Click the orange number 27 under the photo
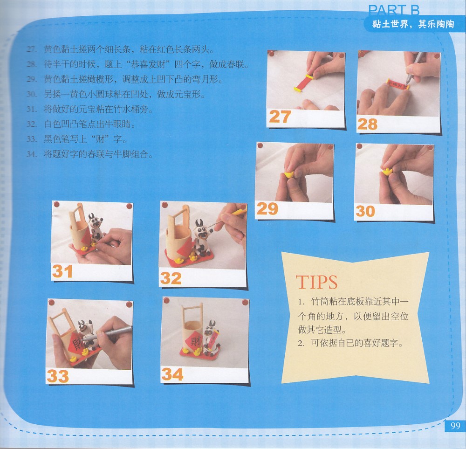point(280,117)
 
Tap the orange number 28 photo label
point(367,124)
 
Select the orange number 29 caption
point(267,209)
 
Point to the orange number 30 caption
point(365,211)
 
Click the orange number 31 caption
point(62,271)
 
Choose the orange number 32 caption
point(171,278)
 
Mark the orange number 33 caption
point(58,376)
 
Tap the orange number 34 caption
point(172,374)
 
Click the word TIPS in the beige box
point(316,282)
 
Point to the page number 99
point(455,426)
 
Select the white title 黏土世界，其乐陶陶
point(413,24)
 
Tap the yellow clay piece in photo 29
point(288,174)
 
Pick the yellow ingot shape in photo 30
point(387,171)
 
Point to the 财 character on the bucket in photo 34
point(195,340)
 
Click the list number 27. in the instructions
point(32,49)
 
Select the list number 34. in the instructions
point(32,154)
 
